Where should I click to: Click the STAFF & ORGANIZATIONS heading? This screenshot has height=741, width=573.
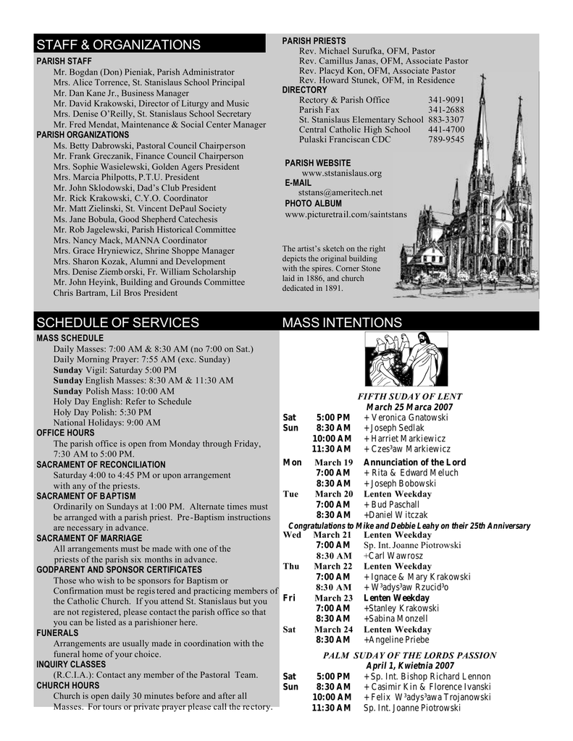click(119, 45)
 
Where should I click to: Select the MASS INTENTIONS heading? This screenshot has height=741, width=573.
click(341, 322)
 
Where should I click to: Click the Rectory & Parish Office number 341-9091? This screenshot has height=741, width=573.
click(446, 100)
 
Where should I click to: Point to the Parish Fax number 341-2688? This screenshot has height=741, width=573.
click(446, 110)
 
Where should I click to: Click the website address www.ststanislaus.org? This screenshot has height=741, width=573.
click(341, 174)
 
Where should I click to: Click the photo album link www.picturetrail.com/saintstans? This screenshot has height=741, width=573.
click(346, 214)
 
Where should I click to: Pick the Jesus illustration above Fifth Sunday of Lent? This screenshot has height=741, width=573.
click(402, 360)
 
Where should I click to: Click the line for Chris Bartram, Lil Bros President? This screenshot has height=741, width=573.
click(115, 293)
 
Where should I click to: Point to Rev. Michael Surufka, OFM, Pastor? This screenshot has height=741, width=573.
click(367, 51)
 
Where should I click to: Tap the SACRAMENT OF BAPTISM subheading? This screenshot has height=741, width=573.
click(86, 496)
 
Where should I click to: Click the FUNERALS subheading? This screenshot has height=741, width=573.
click(58, 632)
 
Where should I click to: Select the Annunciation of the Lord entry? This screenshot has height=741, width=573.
click(414, 462)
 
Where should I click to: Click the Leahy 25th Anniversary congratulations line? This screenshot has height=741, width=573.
click(409, 525)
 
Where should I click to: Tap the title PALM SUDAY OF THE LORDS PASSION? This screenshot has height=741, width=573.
click(409, 656)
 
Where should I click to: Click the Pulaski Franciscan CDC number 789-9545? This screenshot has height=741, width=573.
click(446, 140)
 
